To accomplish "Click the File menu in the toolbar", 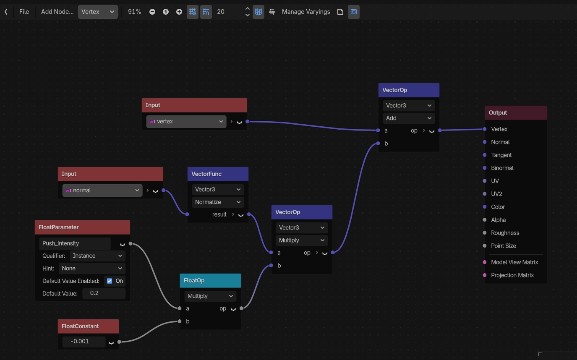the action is (x=24, y=12).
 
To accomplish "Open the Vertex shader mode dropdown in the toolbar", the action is (x=98, y=12).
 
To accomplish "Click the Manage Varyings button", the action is (x=306, y=12).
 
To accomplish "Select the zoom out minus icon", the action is (x=152, y=12).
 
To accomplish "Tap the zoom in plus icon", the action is (x=179, y=12).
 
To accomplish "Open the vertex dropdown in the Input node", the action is (x=186, y=122).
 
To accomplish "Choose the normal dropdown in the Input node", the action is (x=102, y=190).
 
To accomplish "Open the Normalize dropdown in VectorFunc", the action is (x=218, y=202).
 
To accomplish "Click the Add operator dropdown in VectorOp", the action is (x=409, y=118).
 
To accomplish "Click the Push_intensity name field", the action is (x=75, y=243).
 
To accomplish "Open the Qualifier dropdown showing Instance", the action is (x=97, y=256).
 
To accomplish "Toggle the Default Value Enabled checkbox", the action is (x=110, y=281).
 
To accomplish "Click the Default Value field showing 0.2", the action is (x=104, y=293).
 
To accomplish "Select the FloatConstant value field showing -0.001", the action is (x=84, y=342).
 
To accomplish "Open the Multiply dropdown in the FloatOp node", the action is (x=210, y=296).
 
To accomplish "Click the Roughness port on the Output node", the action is (x=485, y=233).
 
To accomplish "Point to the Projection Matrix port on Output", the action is (x=485, y=275).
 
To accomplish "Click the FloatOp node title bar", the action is (x=210, y=280).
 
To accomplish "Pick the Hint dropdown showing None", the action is (x=92, y=269).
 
